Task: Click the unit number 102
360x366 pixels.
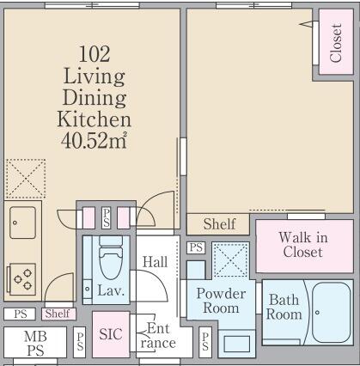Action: pyautogui.click(x=94, y=53)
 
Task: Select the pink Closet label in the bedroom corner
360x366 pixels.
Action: pyautogui.click(x=336, y=44)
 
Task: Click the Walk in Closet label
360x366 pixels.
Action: pyautogui.click(x=302, y=244)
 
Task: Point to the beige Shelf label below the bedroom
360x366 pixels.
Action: pyautogui.click(x=219, y=224)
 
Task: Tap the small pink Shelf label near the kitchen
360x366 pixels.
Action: pyautogui.click(x=58, y=314)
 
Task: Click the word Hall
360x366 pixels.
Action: pyautogui.click(x=156, y=262)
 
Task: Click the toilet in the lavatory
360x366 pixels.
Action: pyautogui.click(x=109, y=258)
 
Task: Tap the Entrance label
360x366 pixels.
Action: pyautogui.click(x=157, y=335)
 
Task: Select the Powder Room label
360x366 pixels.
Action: pyautogui.click(x=222, y=301)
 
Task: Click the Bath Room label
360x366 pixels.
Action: pyautogui.click(x=284, y=308)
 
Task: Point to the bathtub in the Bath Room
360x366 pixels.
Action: pyautogui.click(x=330, y=312)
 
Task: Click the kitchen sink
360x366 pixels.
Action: pyautogui.click(x=23, y=223)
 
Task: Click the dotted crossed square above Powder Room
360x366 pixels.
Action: pyautogui.click(x=229, y=259)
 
